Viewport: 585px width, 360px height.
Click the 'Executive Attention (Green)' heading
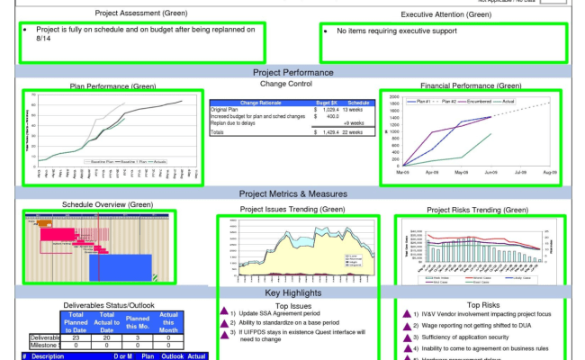(446, 14)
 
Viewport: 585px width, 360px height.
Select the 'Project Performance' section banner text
(293, 72)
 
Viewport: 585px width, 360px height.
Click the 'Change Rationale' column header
(260, 103)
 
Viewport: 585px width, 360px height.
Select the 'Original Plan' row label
(227, 109)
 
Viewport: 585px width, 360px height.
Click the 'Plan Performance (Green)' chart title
(113, 86)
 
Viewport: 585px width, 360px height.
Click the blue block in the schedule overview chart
(120, 266)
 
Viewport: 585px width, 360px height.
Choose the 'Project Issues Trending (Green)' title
(292, 210)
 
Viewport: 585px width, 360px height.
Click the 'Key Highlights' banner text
(293, 293)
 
